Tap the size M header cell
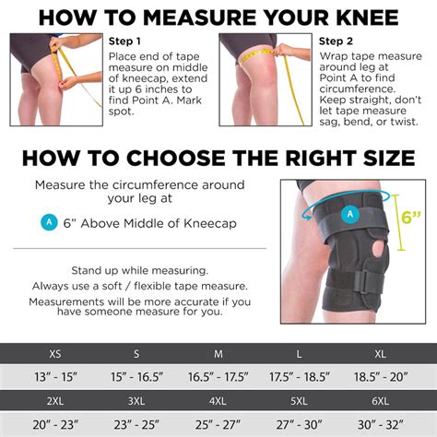coord(218,353)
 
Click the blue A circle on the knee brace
coord(349,215)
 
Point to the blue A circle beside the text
coord(49,222)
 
